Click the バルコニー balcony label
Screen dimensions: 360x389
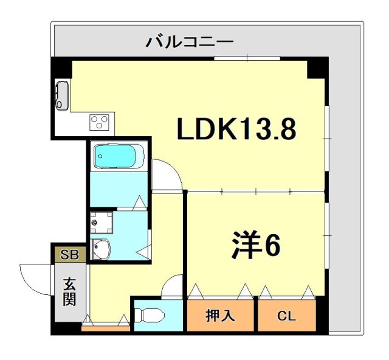[x=189, y=43]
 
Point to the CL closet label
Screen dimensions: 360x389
[x=286, y=316]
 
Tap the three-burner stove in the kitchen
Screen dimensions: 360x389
[x=98, y=122]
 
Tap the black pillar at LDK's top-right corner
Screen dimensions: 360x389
[x=317, y=67]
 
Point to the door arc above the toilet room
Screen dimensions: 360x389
[x=174, y=285]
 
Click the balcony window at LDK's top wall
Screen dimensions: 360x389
[x=247, y=58]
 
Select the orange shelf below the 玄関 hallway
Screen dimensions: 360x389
[x=106, y=329]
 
